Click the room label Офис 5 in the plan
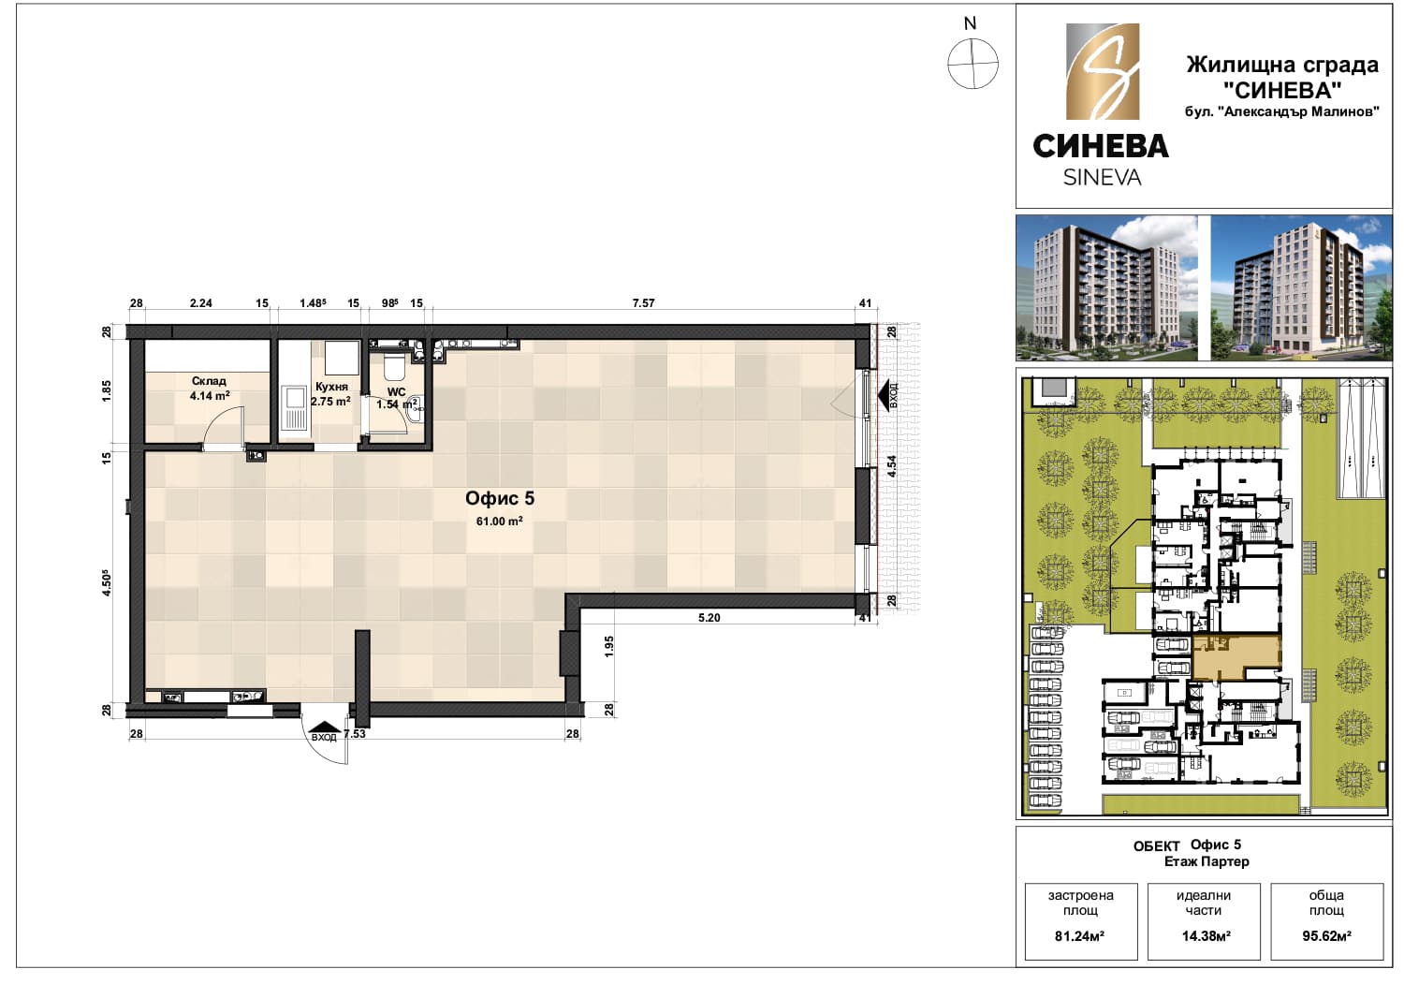tap(500, 499)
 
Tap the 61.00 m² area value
tap(500, 521)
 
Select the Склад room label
tap(209, 381)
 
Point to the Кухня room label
tap(331, 387)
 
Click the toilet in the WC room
tap(395, 365)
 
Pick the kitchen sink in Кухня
tap(293, 407)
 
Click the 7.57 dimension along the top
tap(643, 303)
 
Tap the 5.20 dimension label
tap(709, 618)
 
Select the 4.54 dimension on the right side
tap(892, 466)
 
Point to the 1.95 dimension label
tap(609, 647)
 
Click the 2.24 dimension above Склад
tap(200, 303)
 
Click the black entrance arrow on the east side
tap(886, 396)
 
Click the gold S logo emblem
tap(1103, 71)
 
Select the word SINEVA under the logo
tap(1102, 178)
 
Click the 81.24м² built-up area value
tap(1079, 936)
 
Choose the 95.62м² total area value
tap(1327, 936)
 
